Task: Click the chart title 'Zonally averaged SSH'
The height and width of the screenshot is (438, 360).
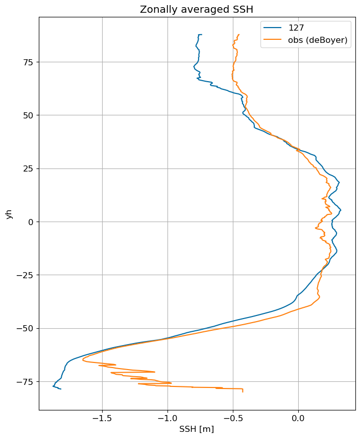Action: click(197, 10)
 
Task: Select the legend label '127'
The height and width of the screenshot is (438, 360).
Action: click(296, 28)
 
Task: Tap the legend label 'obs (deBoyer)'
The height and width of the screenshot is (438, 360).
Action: click(318, 40)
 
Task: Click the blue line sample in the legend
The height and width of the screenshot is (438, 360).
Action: click(273, 28)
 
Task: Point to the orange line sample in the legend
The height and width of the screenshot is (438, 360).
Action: click(273, 40)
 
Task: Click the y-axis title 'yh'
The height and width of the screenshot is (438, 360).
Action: click(9, 214)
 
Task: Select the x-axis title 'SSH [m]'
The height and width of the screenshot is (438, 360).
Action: click(197, 429)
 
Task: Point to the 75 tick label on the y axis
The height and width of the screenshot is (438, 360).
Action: click(28, 62)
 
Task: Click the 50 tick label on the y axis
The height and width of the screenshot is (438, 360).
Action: click(28, 115)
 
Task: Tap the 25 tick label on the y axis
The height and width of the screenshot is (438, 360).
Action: click(28, 169)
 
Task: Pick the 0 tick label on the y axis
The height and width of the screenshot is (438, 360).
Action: click(31, 222)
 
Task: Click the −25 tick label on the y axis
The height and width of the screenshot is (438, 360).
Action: click(25, 275)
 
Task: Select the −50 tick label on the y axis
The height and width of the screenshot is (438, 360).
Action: click(25, 329)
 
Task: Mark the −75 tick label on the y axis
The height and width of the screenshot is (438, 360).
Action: click(25, 382)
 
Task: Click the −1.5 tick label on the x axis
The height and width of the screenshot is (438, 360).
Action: click(102, 418)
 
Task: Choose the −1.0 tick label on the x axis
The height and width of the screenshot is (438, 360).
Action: click(167, 418)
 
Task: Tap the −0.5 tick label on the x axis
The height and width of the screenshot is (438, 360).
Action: click(233, 418)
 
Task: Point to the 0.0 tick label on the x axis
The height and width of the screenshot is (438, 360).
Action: click(298, 418)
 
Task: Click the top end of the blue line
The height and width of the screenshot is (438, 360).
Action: click(202, 35)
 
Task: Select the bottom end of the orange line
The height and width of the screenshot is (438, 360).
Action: click(243, 392)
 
